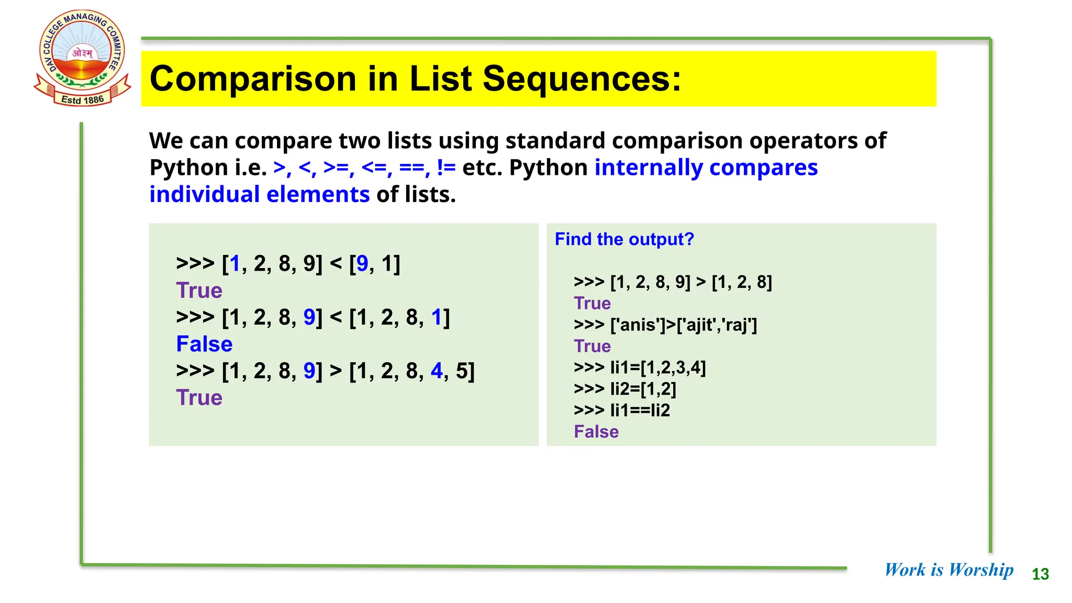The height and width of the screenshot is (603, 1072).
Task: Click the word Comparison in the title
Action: [253, 79]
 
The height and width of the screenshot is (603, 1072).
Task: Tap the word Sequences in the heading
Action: [582, 79]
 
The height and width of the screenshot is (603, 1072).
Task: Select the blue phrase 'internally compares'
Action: [706, 168]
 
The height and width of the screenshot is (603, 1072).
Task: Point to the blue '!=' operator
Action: [446, 168]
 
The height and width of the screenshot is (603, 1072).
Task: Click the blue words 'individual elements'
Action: [260, 195]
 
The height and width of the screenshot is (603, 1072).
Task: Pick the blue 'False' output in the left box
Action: [204, 344]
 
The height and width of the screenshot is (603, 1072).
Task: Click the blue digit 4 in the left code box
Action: [437, 371]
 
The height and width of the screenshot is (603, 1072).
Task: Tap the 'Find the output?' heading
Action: [624, 239]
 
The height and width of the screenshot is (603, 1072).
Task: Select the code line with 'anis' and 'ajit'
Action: [665, 325]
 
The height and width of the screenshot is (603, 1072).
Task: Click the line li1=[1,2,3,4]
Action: [640, 368]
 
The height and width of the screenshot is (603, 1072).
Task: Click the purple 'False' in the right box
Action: [596, 432]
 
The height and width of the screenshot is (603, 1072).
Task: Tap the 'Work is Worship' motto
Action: [948, 569]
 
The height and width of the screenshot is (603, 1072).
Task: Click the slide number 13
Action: [1040, 574]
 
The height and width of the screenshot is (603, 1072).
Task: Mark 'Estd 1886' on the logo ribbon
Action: [83, 99]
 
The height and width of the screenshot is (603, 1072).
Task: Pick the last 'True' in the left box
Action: [199, 398]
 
